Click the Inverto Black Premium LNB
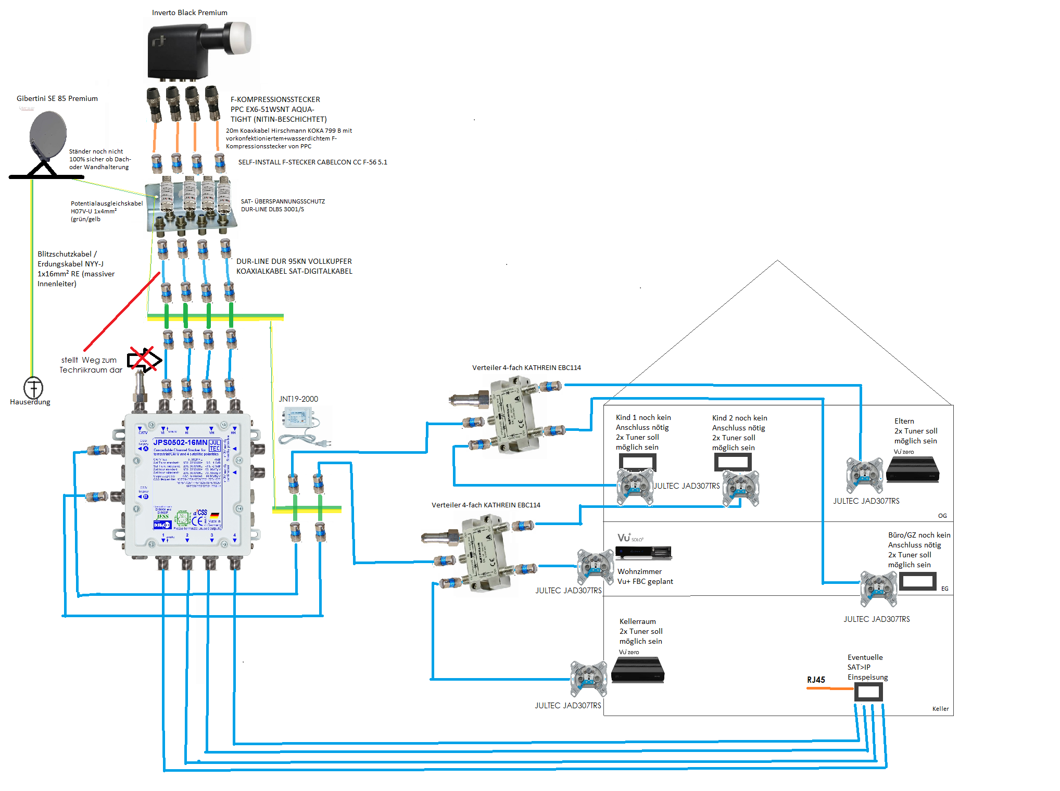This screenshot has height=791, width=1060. click(198, 49)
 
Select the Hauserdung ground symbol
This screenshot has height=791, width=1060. click(33, 388)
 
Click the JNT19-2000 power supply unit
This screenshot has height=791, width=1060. click(298, 418)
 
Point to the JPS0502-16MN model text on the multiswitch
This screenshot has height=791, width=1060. click(180, 442)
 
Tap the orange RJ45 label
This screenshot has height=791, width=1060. click(816, 680)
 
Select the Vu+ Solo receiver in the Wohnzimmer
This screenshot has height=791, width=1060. click(643, 552)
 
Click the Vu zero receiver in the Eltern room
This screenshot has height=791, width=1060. click(912, 469)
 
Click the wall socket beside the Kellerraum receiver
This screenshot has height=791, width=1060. click(589, 679)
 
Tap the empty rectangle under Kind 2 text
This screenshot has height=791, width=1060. click(733, 462)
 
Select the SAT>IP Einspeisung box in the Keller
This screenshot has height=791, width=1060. click(868, 692)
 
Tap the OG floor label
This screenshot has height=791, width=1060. click(942, 516)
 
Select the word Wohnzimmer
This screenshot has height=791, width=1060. click(639, 571)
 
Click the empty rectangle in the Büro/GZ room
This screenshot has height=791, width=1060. click(917, 581)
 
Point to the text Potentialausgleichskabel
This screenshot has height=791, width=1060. click(107, 203)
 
